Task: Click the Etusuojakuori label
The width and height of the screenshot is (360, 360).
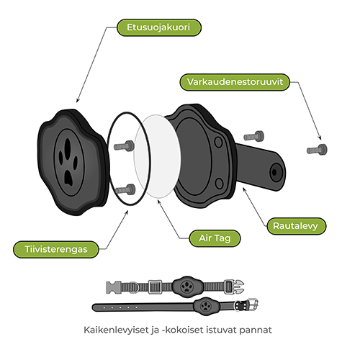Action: pos(159,27)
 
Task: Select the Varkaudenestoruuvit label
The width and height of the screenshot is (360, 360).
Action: pos(235,82)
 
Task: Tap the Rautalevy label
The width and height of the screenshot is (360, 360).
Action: pos(297,226)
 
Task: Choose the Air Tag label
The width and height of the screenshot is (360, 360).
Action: pos(215,238)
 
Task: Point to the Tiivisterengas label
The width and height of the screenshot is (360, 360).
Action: pos(56,249)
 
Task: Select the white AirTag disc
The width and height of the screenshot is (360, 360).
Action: pos(157,156)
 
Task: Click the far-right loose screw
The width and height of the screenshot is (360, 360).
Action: pos(317,150)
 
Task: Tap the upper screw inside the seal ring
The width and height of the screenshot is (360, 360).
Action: pos(124,145)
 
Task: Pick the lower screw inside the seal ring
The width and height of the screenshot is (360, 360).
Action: pos(125,189)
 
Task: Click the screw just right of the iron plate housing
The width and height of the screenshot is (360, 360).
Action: pos(254,136)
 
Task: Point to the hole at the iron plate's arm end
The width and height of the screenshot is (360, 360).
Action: pos(275,172)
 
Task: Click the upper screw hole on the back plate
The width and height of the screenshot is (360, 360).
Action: pos(218,142)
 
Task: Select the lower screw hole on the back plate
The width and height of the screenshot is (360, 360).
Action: pos(219,184)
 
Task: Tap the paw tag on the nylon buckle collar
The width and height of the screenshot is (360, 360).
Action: pos(186,287)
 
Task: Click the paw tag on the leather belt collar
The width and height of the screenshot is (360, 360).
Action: pos(205,306)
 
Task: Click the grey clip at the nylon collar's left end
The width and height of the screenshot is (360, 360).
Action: pos(114,287)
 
